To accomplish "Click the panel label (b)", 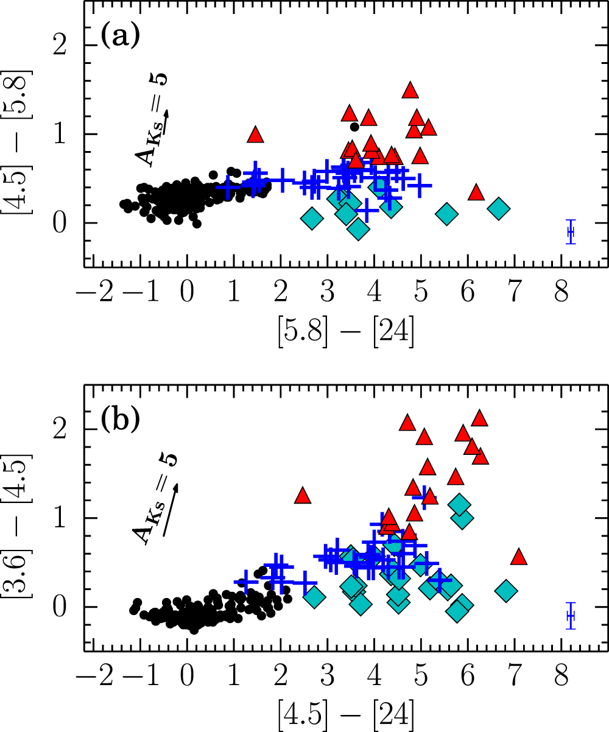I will pyautogui.click(x=120, y=421).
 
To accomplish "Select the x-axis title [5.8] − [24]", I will pyautogui.click(x=339, y=332).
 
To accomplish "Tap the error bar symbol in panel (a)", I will pyautogui.click(x=571, y=232).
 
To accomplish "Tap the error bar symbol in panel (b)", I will pyautogui.click(x=571, y=616).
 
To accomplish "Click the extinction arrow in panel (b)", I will pyautogui.click(x=170, y=509).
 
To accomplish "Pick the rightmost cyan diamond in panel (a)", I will pyautogui.click(x=499, y=208).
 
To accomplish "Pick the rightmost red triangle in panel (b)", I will pyautogui.click(x=518, y=557).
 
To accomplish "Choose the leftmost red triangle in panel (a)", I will pyautogui.click(x=256, y=135).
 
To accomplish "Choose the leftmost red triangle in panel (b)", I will pyautogui.click(x=303, y=496).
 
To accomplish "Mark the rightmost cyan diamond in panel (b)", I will pyautogui.click(x=506, y=590).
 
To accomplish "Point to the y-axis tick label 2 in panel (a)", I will pyautogui.click(x=60, y=46).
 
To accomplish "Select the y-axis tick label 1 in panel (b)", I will pyautogui.click(x=60, y=518).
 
